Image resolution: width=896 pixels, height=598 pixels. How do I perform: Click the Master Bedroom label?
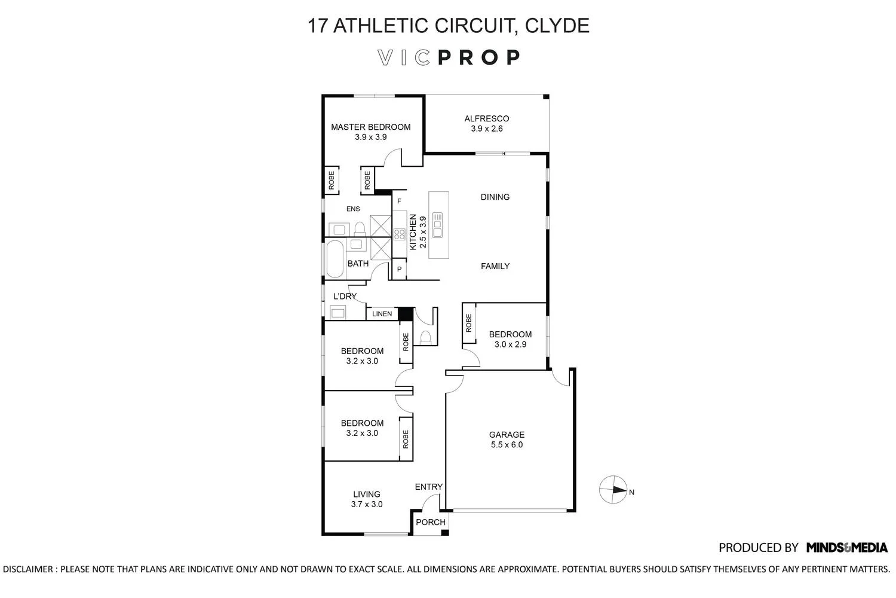point(370,127)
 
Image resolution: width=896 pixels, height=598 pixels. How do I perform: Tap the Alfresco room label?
point(486,118)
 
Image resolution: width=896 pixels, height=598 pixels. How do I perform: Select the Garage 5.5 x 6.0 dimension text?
point(507,445)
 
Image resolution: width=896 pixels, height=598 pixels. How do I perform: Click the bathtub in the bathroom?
point(335,259)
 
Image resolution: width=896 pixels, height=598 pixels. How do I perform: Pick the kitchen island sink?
point(438,224)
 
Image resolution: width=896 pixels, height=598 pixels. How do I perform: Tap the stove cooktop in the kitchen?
point(399,234)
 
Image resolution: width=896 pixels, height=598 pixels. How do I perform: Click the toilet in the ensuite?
point(360,228)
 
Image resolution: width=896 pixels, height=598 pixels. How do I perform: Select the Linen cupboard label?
point(382,314)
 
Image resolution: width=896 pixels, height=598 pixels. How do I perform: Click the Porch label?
point(430,522)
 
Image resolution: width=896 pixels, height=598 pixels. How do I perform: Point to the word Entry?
point(428,487)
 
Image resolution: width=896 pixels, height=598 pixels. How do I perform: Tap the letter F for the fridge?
point(399,201)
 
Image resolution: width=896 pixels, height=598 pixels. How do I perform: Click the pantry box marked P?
point(398,270)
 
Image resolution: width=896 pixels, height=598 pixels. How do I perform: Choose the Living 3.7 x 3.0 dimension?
point(367,504)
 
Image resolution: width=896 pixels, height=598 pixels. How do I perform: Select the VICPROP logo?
point(449,57)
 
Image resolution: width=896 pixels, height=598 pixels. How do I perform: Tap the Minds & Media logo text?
point(846,547)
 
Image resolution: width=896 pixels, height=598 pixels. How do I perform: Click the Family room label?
point(495,266)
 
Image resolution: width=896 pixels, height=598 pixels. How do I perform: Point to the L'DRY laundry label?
point(345,296)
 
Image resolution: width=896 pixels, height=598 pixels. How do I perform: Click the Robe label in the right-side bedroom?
point(469,323)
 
